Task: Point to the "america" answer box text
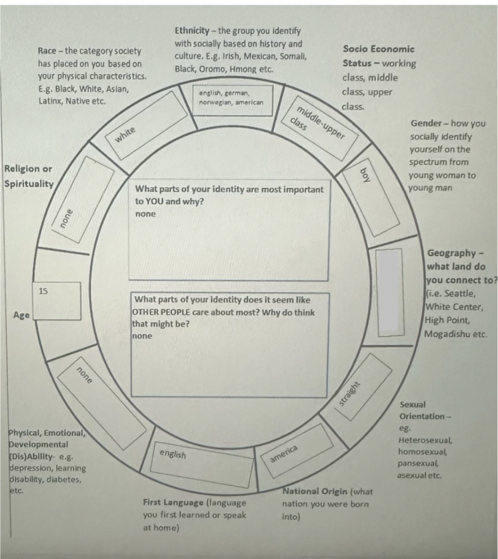point(284,454)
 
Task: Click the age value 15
point(44,290)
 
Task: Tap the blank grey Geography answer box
point(389,289)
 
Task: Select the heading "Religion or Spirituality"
point(28,176)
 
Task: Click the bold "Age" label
point(21,315)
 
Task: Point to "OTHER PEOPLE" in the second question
point(162,313)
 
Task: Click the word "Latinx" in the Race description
point(51,101)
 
